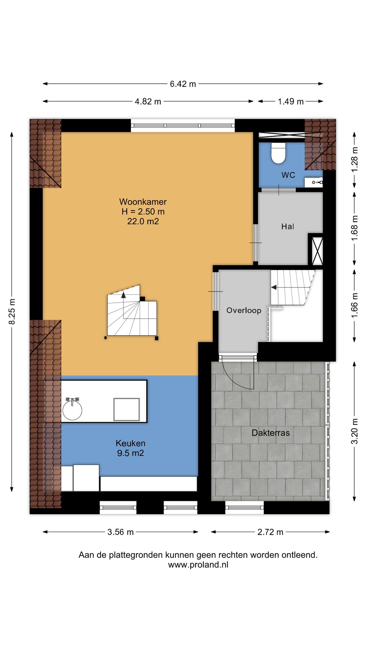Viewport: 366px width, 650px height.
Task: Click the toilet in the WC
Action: pyautogui.click(x=279, y=153)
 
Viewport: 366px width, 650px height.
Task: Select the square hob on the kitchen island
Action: pyautogui.click(x=126, y=409)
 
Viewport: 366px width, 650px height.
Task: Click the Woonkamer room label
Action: pyautogui.click(x=143, y=202)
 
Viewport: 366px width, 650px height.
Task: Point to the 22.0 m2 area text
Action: pyautogui.click(x=143, y=221)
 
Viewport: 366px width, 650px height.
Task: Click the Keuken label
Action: pyautogui.click(x=130, y=443)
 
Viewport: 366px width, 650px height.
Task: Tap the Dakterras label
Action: pyautogui.click(x=270, y=433)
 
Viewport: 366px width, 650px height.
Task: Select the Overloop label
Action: pyautogui.click(x=244, y=310)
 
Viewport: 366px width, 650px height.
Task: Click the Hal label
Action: pyautogui.click(x=287, y=226)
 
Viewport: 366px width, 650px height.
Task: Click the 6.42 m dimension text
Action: pyautogui.click(x=183, y=84)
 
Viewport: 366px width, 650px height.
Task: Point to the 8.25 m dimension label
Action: pyautogui.click(x=12, y=311)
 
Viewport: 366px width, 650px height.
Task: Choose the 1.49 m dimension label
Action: pyautogui.click(x=290, y=102)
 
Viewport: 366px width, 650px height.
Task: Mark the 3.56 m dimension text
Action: pyautogui.click(x=120, y=532)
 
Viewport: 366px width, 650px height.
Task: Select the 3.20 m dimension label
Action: pyautogui.click(x=354, y=431)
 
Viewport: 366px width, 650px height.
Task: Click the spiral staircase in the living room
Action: pyautogui.click(x=131, y=313)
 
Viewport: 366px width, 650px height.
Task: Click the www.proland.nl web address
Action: pyautogui.click(x=198, y=565)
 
